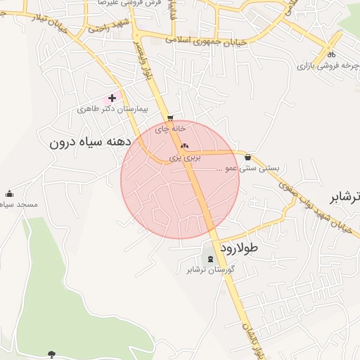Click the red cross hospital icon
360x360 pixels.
112,98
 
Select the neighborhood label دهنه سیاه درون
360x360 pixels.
91,141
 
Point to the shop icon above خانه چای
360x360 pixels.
170,118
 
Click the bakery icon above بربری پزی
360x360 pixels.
185,146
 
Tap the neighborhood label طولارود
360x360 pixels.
239,248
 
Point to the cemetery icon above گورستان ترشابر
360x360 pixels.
210,259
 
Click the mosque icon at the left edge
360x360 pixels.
9,193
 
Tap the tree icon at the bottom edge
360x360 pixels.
51,354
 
